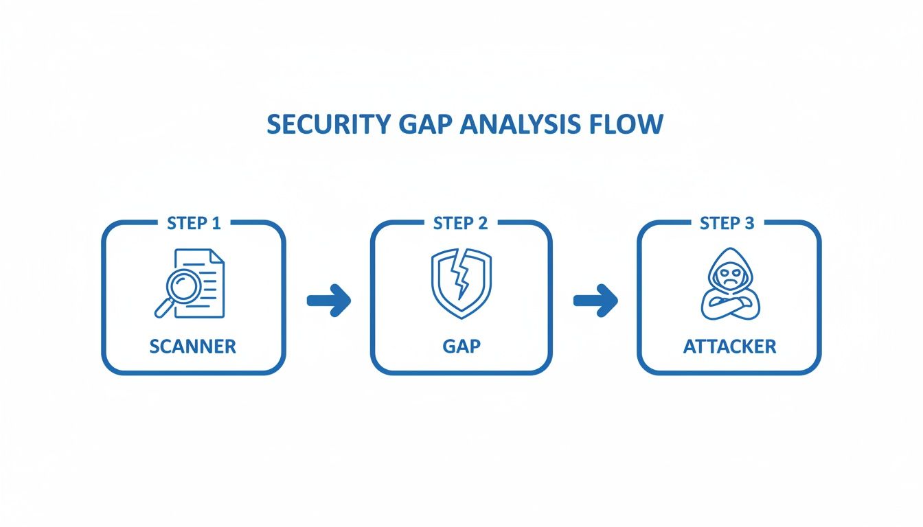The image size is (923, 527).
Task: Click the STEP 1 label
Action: [x=194, y=224]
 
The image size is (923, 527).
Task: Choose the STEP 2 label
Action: [x=461, y=224]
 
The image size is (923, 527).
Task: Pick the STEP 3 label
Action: [x=727, y=224]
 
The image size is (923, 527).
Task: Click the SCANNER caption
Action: [x=193, y=347]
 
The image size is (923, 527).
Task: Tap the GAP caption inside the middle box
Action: [x=461, y=347]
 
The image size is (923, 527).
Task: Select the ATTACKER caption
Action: [x=729, y=347]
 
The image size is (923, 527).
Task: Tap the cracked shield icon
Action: [x=461, y=281]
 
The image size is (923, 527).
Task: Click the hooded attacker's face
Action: [x=728, y=278]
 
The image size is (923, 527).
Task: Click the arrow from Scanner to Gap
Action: [x=329, y=301]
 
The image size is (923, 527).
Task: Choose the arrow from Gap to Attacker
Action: [x=595, y=301]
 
